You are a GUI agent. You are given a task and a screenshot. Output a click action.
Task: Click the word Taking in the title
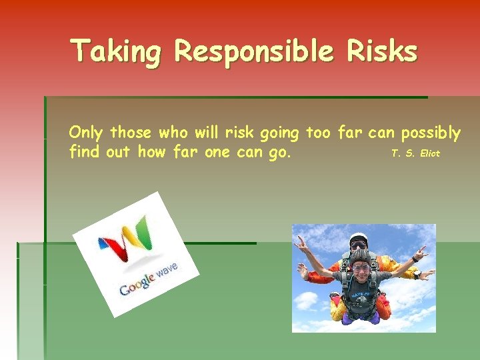[x=114, y=51]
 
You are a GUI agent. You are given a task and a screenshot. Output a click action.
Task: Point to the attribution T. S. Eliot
[x=415, y=153]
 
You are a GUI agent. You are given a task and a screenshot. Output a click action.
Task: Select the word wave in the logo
[x=167, y=269]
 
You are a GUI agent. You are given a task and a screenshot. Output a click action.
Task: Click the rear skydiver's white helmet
[x=359, y=238]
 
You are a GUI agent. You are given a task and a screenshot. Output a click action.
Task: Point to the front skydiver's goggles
[x=361, y=267]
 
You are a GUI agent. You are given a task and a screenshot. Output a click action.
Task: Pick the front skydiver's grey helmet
[x=361, y=255]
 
